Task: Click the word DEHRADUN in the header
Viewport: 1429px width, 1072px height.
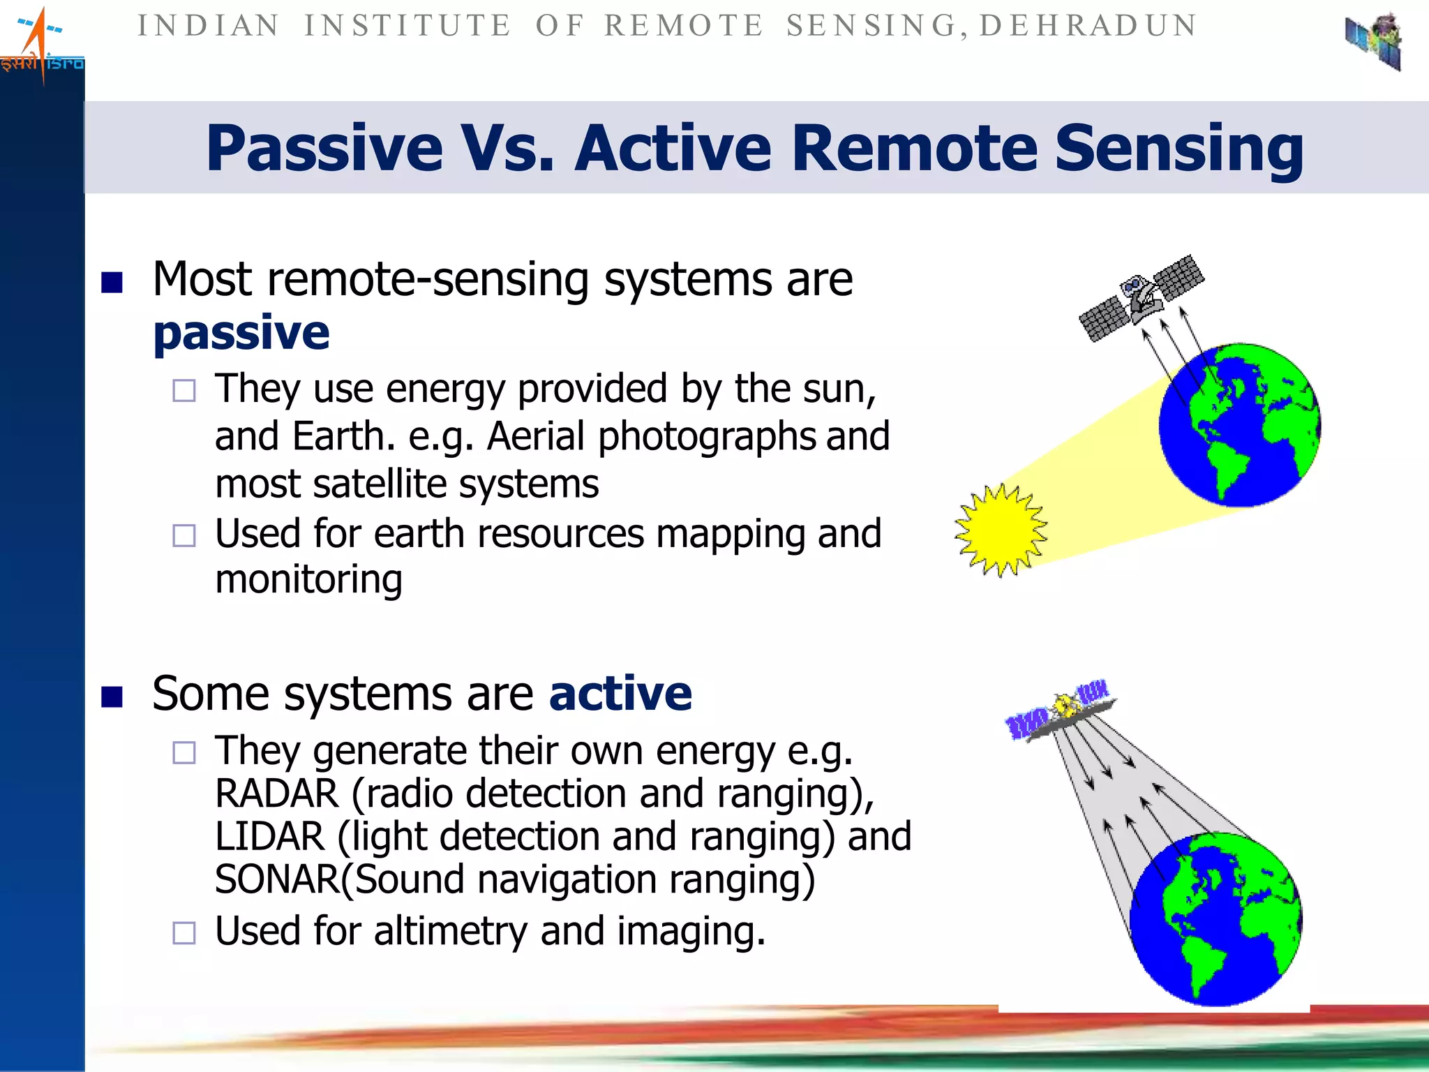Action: tap(1088, 26)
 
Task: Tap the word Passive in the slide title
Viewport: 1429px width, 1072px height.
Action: tap(324, 148)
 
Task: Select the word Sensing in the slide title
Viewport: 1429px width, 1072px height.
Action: tap(1179, 148)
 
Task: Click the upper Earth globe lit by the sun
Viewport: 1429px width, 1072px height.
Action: tap(1239, 425)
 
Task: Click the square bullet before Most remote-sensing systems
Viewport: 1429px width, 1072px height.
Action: tap(112, 282)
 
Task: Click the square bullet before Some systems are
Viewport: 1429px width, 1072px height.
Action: tap(112, 697)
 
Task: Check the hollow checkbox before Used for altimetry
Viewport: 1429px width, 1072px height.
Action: tap(184, 933)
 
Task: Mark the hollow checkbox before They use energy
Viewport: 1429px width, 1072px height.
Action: tap(184, 390)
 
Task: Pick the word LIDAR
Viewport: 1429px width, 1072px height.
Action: tap(270, 836)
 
